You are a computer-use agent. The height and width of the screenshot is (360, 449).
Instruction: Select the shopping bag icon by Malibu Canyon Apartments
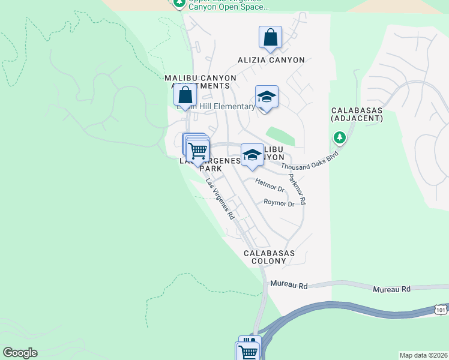[185, 95]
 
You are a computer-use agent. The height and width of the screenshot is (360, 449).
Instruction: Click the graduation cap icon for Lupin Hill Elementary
[267, 97]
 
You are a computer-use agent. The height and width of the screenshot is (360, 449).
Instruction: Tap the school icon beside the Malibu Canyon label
[252, 155]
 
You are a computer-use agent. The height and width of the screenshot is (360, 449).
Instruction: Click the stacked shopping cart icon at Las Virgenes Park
[197, 149]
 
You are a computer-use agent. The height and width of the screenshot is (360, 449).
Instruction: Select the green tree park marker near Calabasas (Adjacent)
[340, 139]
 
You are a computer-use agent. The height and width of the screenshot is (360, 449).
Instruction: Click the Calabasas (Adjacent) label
[357, 115]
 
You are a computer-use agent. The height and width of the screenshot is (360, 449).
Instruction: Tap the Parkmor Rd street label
[297, 189]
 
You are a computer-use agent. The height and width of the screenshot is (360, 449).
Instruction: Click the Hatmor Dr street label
[269, 185]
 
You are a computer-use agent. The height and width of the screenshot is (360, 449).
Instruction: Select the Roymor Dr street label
[279, 203]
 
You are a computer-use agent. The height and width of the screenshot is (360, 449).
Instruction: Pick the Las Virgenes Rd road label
[219, 199]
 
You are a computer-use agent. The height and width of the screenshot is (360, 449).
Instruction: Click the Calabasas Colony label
[269, 257]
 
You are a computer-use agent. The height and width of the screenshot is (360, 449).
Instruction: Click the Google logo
[20, 353]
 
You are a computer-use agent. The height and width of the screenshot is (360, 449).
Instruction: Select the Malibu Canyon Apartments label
[197, 82]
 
